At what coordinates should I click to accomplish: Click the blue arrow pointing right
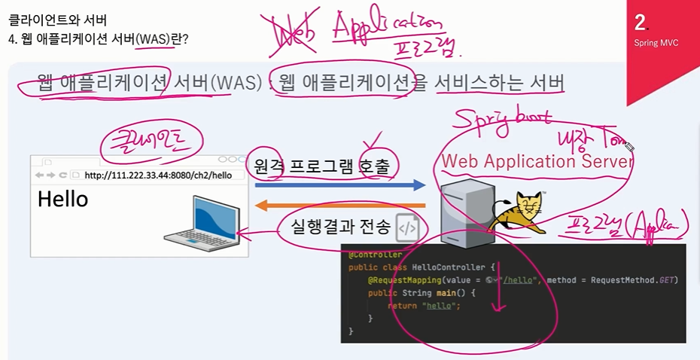pyautogui.click(x=339, y=185)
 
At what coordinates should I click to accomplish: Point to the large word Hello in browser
pyautogui.click(x=62, y=200)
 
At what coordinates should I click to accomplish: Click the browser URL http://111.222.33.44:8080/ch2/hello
pyautogui.click(x=158, y=175)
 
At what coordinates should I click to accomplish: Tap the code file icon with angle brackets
pyautogui.click(x=407, y=226)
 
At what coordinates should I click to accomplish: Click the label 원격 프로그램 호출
pyautogui.click(x=321, y=166)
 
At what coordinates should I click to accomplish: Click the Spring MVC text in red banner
pyautogui.click(x=656, y=43)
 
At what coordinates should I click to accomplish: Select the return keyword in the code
pyautogui.click(x=403, y=306)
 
